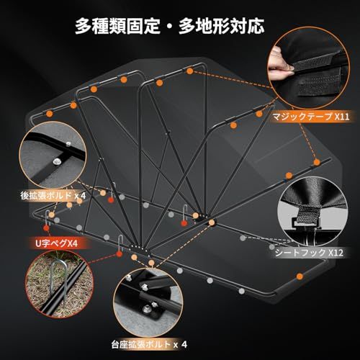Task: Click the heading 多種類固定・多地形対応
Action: [169, 26]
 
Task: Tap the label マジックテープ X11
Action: [311, 117]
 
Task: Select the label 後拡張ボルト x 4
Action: [53, 196]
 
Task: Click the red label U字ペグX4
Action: [57, 243]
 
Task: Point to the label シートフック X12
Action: [309, 253]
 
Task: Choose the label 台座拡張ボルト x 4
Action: [149, 345]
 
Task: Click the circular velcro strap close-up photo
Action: [308, 68]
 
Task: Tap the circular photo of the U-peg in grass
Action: [59, 284]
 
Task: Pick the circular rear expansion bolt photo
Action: [53, 155]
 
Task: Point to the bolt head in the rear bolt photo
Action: [57, 161]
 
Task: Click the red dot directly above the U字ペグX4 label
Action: [47, 228]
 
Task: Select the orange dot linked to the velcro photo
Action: [190, 71]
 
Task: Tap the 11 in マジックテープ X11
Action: [345, 117]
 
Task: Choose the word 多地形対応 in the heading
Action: [221, 26]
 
